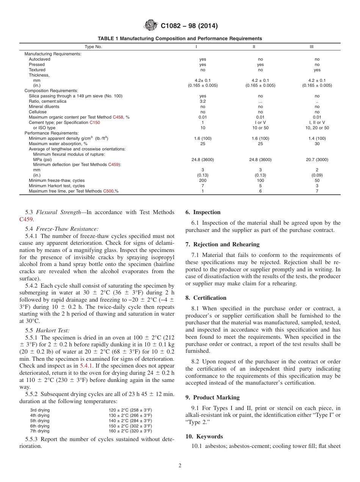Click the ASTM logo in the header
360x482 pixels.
pyautogui.click(x=151, y=26)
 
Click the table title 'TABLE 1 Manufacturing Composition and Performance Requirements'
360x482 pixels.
pyautogui.click(x=180, y=39)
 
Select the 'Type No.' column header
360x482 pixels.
pyautogui.click(x=93, y=47)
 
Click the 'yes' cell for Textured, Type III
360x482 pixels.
pyautogui.click(x=317, y=70)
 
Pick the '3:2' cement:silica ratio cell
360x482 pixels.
pyautogui.click(x=203, y=101)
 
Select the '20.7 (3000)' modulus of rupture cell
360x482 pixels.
pyautogui.click(x=317, y=160)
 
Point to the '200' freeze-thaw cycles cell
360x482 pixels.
pyautogui.click(x=203, y=180)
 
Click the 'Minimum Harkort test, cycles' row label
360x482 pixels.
pyautogui.click(x=57, y=186)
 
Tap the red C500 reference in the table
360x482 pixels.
pyautogui.click(x=108, y=191)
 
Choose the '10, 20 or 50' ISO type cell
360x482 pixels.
pyautogui.click(x=317, y=128)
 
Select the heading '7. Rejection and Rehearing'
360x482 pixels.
pyautogui.click(x=222, y=244)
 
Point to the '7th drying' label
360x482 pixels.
pyautogui.click(x=40, y=431)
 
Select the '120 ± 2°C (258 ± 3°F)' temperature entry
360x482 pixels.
pyautogui.click(x=130, y=410)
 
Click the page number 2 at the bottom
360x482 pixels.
pyautogui.click(x=180, y=466)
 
